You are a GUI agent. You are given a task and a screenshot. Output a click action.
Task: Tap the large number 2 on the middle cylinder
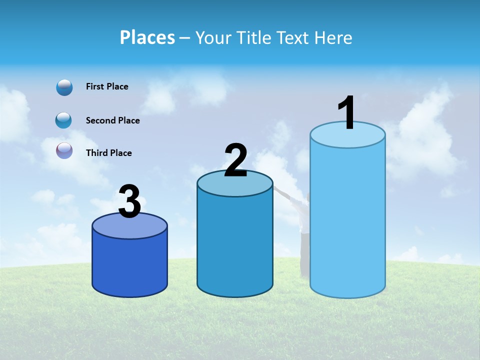[x=235, y=160]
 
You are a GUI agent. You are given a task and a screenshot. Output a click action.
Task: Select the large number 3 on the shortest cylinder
[x=130, y=201]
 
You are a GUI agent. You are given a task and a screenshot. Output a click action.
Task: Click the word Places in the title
[x=147, y=37]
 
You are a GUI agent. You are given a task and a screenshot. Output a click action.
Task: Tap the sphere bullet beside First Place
[x=64, y=87]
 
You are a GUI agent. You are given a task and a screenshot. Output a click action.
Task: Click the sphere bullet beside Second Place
[x=64, y=120]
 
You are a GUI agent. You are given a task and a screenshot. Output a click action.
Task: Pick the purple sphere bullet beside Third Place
[x=64, y=150]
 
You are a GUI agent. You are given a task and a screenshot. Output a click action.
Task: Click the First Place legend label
[x=107, y=86]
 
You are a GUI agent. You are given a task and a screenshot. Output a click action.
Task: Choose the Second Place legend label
[x=112, y=120]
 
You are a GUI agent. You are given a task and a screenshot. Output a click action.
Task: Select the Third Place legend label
[x=108, y=153]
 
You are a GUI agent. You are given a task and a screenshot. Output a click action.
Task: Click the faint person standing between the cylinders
[x=303, y=225]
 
